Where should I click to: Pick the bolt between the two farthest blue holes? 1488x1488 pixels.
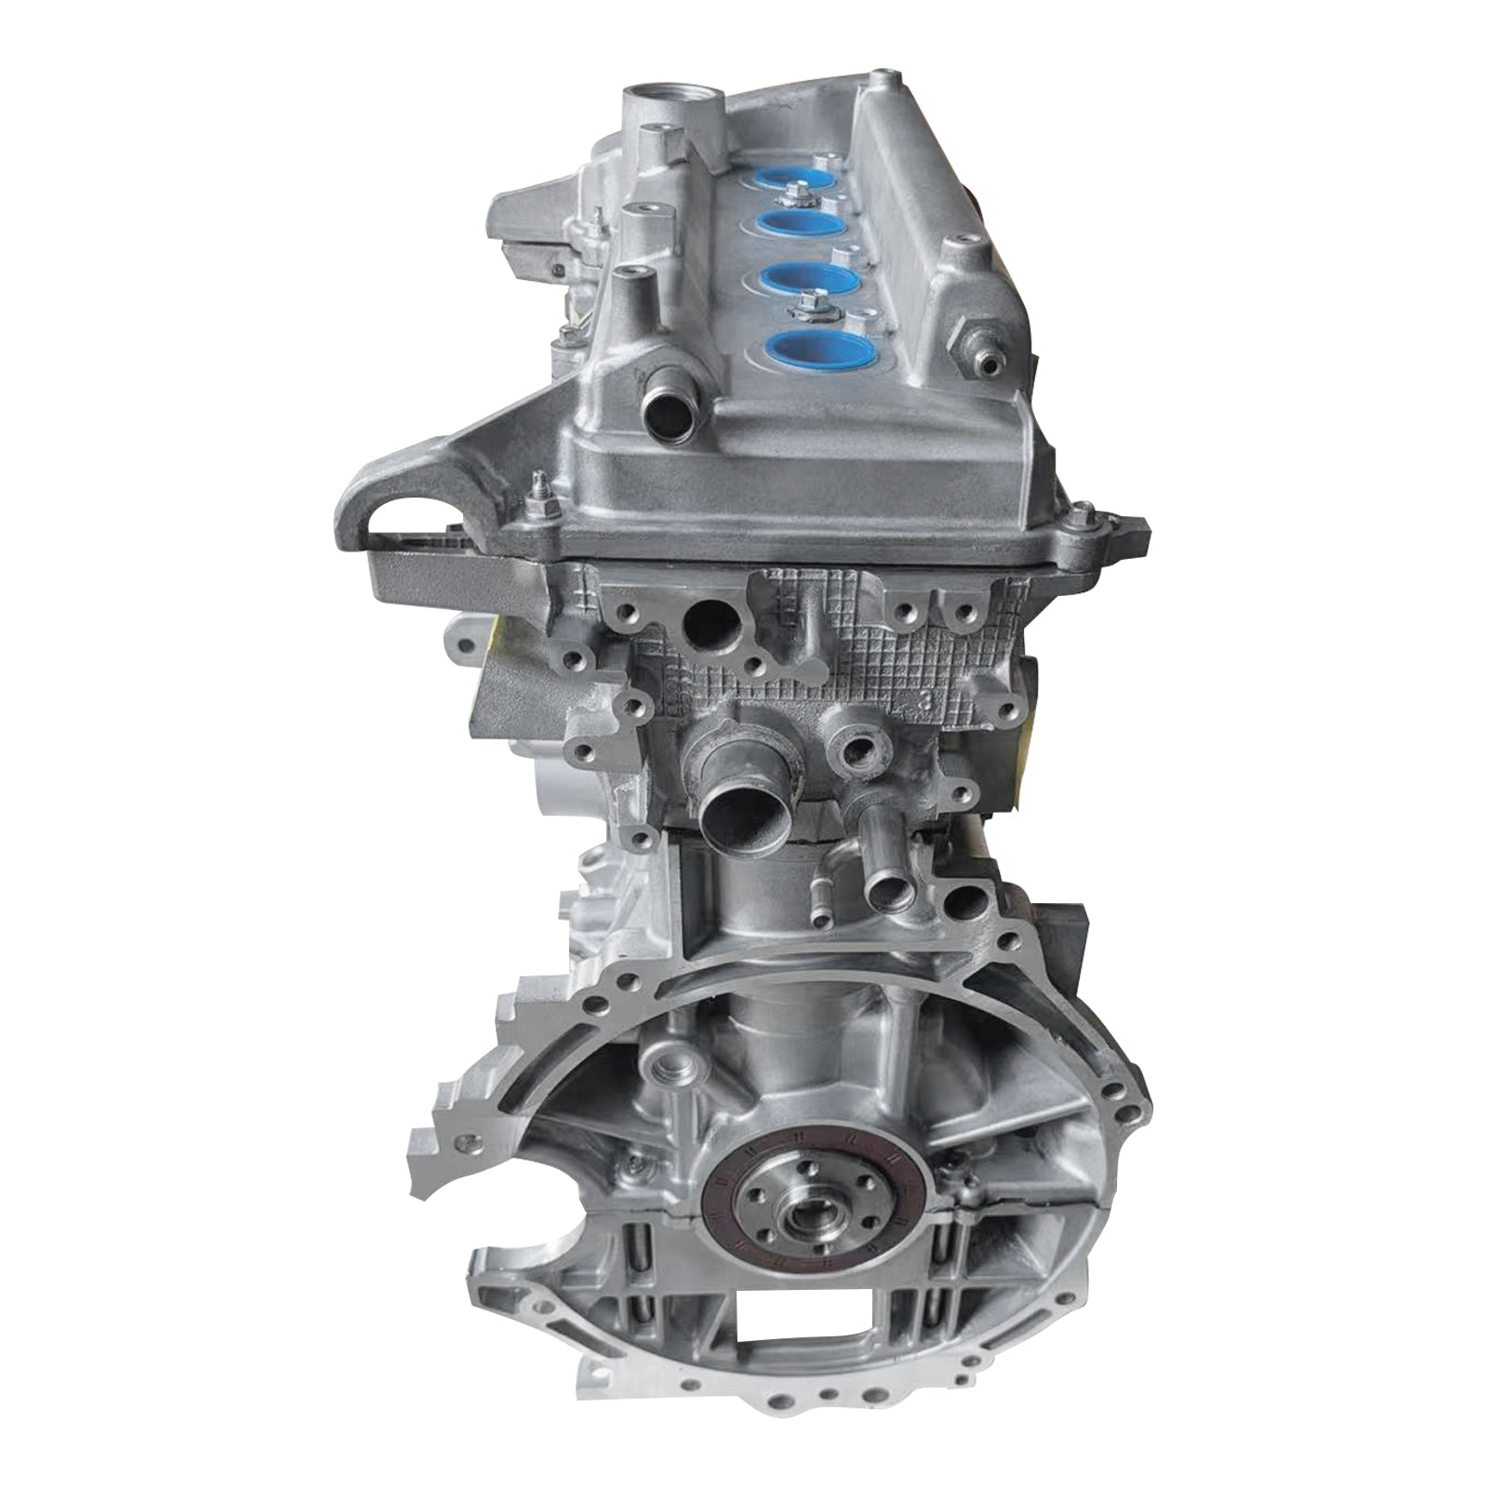794,193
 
